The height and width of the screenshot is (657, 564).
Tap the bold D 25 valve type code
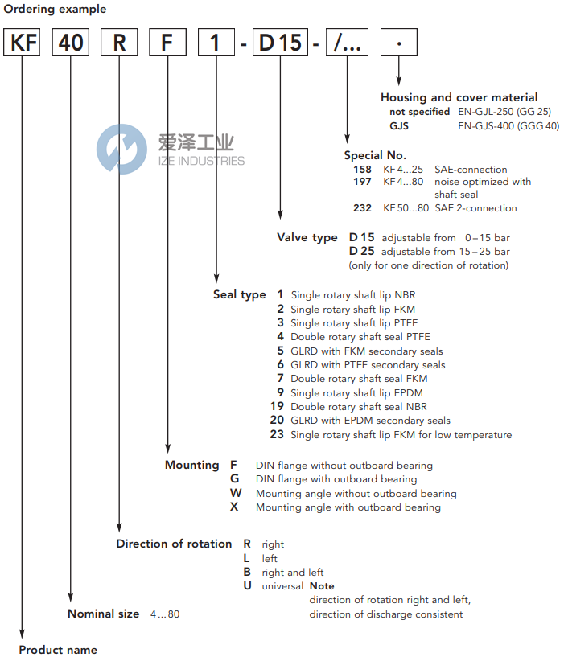(x=361, y=252)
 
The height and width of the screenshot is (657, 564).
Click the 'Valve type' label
(x=307, y=238)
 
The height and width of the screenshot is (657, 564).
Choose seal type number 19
(x=278, y=407)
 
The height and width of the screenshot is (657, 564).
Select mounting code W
(x=235, y=493)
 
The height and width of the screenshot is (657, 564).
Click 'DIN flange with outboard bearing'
(x=336, y=479)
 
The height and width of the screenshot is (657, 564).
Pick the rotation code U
(x=248, y=586)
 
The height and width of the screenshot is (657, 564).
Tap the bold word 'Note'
(x=322, y=586)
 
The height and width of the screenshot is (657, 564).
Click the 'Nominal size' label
(x=103, y=614)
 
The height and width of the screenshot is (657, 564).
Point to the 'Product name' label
(x=58, y=650)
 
